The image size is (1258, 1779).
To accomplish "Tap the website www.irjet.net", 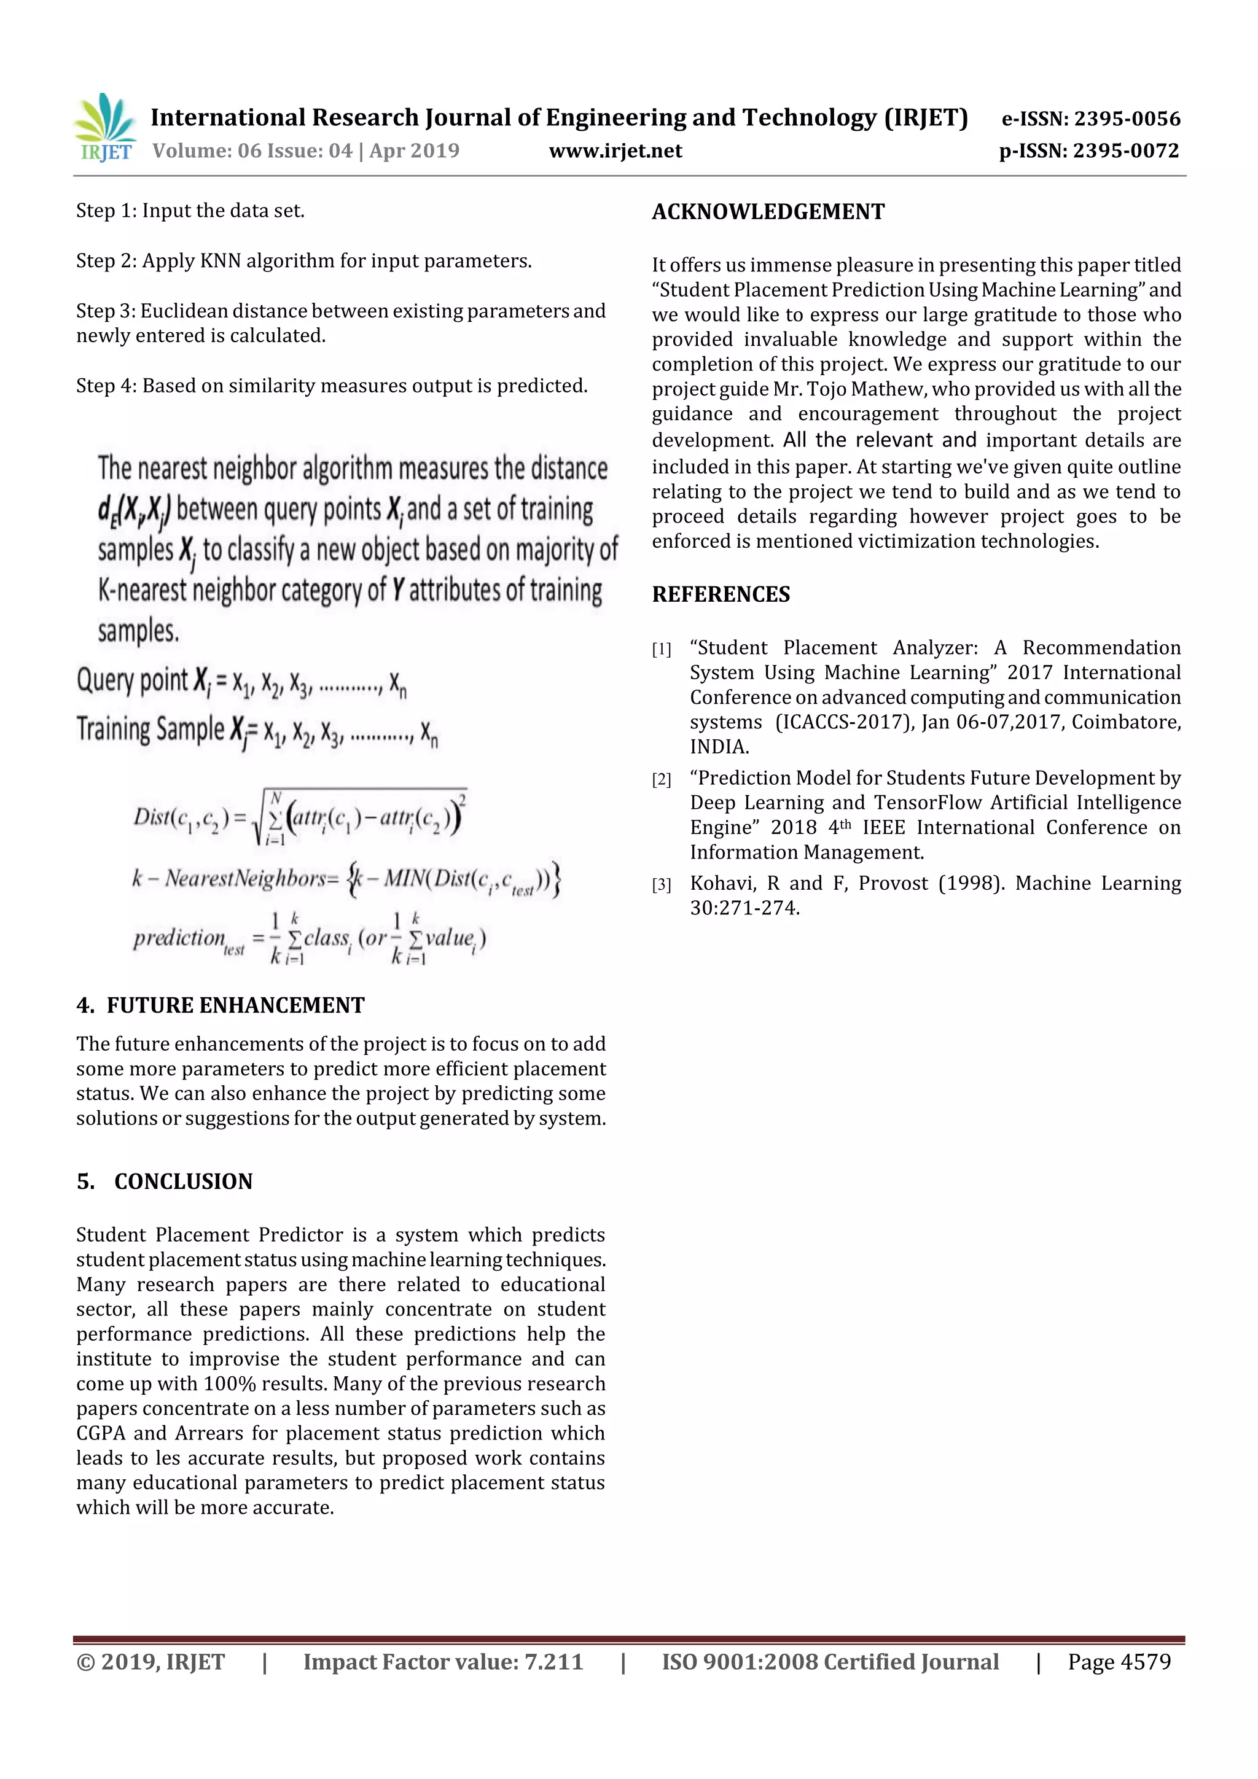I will click(615, 151).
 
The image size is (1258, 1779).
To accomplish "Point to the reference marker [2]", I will click(661, 779).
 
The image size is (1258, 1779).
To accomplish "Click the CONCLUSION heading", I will click(183, 1181).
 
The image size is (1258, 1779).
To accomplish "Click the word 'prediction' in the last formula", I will click(179, 938).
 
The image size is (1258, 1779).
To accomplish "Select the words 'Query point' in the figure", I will click(132, 680).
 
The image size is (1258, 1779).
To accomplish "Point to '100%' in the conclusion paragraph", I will click(230, 1384).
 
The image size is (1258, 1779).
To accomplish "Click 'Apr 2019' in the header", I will click(414, 151).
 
